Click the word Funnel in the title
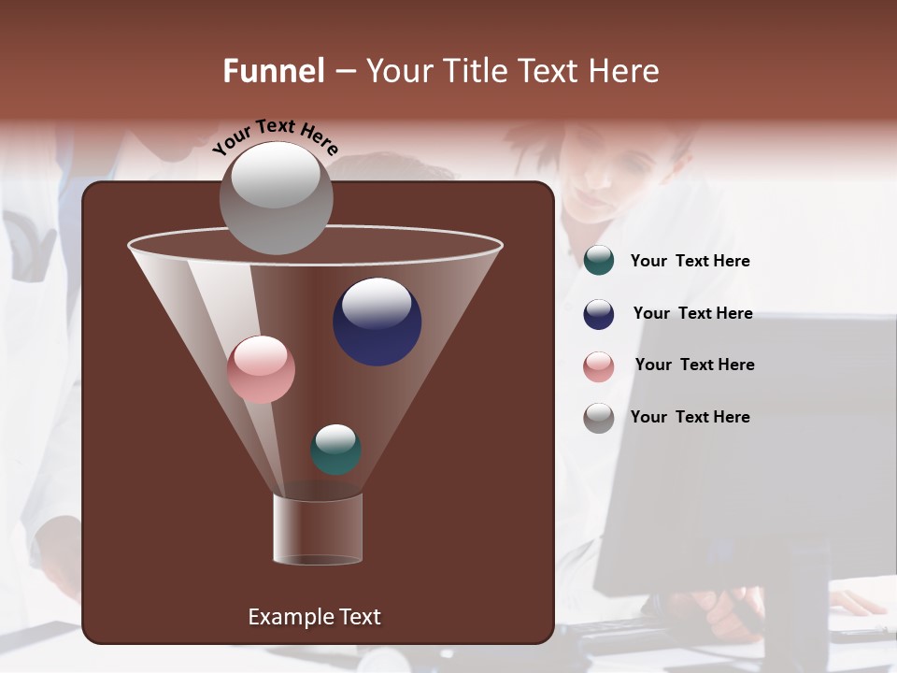[x=273, y=71]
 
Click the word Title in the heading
[x=475, y=71]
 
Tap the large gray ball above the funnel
[x=276, y=197]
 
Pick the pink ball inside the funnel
[x=261, y=370]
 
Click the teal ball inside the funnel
[x=335, y=451]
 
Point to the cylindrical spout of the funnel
[x=318, y=529]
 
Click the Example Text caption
[x=314, y=617]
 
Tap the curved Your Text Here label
[x=275, y=136]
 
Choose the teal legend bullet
[x=599, y=261]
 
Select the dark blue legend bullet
[x=599, y=314]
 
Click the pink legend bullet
[x=599, y=365]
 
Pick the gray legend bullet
[x=599, y=418]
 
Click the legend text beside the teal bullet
[x=690, y=262]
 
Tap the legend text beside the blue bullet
[x=692, y=314]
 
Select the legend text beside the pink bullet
[x=694, y=365]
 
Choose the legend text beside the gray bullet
[x=690, y=418]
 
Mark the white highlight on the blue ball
[x=377, y=302]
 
